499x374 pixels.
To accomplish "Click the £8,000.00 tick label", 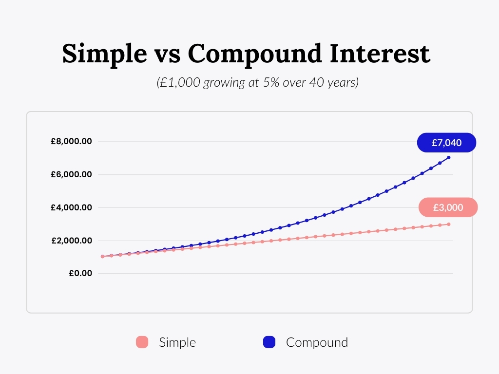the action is pyautogui.click(x=71, y=141).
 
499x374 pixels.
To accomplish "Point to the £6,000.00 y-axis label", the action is pyautogui.click(x=71, y=174).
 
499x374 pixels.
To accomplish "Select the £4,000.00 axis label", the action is pyautogui.click(x=71, y=207).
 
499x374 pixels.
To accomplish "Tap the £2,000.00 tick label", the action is pyautogui.click(x=72, y=241).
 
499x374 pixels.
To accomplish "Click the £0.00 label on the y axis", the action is pyautogui.click(x=80, y=273).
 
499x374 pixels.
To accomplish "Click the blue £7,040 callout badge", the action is pyautogui.click(x=446, y=143).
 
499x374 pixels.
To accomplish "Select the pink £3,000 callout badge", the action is pyautogui.click(x=448, y=207).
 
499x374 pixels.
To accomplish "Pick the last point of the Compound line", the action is pyautogui.click(x=449, y=157).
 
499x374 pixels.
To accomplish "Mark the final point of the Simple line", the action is pyautogui.click(x=449, y=224).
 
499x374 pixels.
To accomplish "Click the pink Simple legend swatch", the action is pyautogui.click(x=142, y=342).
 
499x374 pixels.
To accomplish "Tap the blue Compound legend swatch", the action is pyautogui.click(x=269, y=342).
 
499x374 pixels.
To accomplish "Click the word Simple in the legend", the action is pyautogui.click(x=177, y=342).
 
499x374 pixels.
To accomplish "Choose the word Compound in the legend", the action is pyautogui.click(x=317, y=342).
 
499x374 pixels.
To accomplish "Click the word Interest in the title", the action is pyautogui.click(x=380, y=54).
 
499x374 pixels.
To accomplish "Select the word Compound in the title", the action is pyautogui.click(x=254, y=55).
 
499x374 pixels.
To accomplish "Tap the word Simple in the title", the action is pyautogui.click(x=104, y=55).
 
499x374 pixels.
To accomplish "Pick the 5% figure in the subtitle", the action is pyautogui.click(x=271, y=82).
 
